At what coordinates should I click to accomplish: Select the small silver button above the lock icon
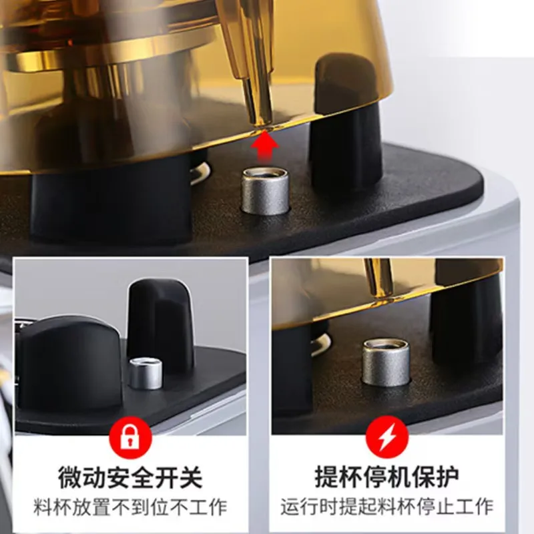tap(146, 373)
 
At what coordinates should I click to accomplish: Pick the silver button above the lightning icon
tap(386, 362)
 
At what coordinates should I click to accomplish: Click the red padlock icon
tap(131, 438)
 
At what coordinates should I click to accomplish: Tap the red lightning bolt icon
tap(387, 438)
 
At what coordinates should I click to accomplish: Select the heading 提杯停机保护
tap(387, 477)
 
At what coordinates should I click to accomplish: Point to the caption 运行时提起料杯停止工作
tap(387, 505)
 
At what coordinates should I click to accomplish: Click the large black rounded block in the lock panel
tap(67, 360)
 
